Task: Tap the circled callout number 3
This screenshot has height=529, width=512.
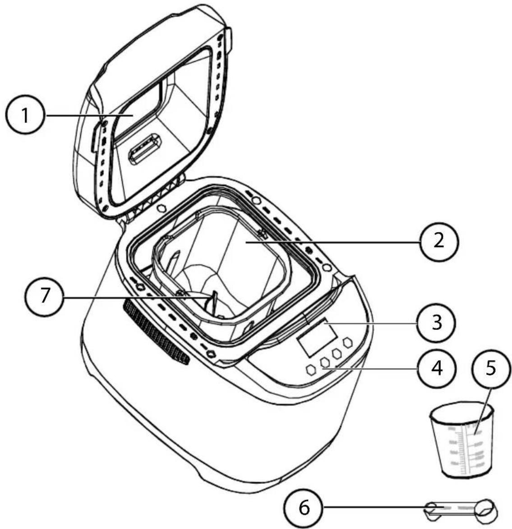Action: (x=436, y=323)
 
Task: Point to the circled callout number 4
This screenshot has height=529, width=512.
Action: (x=436, y=368)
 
